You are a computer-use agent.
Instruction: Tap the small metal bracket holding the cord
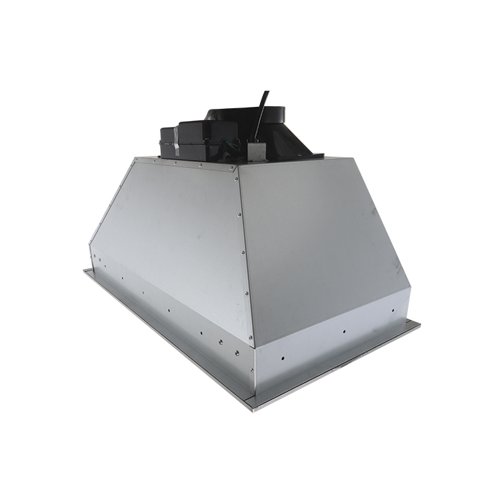coord(256,151)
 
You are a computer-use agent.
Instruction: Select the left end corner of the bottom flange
coord(85,271)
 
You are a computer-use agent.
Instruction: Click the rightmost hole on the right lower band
coord(394,310)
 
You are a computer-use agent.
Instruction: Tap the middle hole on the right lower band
coord(343,331)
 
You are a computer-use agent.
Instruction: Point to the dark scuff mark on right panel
coord(372,214)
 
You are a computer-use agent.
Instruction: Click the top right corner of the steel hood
coord(354,159)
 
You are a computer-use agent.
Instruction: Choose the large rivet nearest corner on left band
coord(237,351)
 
